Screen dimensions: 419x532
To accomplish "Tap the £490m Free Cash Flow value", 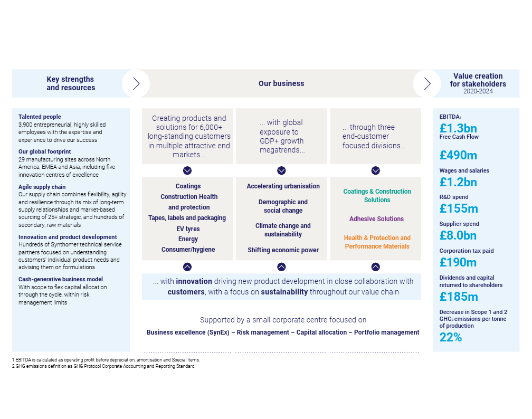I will (x=458, y=155).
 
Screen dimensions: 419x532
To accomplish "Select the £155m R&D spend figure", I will (x=458, y=208).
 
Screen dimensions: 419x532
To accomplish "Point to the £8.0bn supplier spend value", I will (x=458, y=235).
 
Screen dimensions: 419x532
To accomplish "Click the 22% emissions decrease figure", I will (x=451, y=337).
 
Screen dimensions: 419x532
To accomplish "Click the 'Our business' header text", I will (x=281, y=83).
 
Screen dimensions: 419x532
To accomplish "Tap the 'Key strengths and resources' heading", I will (x=71, y=83).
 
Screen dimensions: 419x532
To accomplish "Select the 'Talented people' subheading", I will (x=40, y=117).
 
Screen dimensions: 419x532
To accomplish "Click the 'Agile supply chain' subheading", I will (x=42, y=187).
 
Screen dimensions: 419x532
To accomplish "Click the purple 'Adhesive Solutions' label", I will (x=376, y=219).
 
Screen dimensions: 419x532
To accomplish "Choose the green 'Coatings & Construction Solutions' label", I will (x=377, y=196).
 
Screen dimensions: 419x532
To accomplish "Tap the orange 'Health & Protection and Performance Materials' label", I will (x=377, y=242).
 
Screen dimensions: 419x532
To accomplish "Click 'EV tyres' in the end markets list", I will (x=188, y=228).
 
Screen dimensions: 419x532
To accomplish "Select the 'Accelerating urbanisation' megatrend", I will (x=283, y=186).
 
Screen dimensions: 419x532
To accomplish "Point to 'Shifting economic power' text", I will (x=283, y=250).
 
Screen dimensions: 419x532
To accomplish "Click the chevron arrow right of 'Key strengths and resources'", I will (x=136, y=83).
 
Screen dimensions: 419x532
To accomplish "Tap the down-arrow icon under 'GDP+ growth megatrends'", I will (x=281, y=170).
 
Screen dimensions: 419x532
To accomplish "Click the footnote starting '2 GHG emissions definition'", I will (x=103, y=366).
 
